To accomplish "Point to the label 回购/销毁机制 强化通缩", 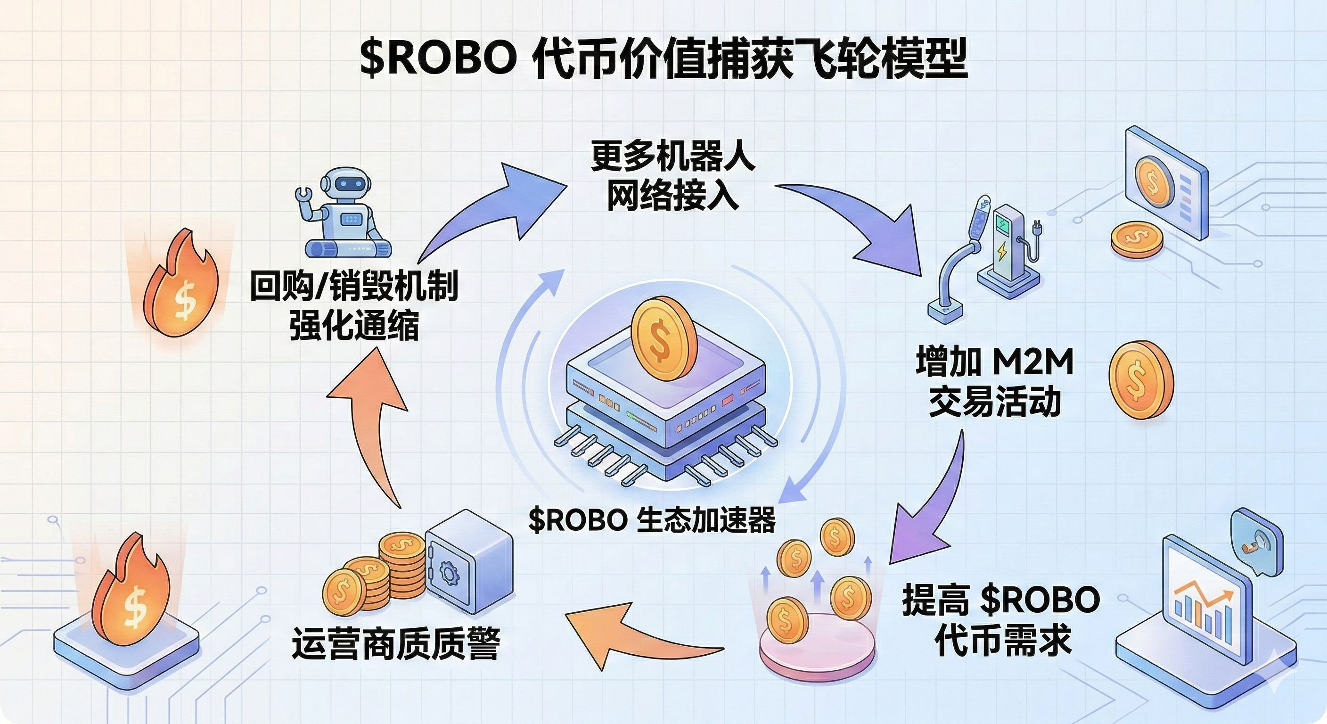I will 354,306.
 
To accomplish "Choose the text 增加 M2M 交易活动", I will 994,381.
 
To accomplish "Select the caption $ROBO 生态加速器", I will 652,520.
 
